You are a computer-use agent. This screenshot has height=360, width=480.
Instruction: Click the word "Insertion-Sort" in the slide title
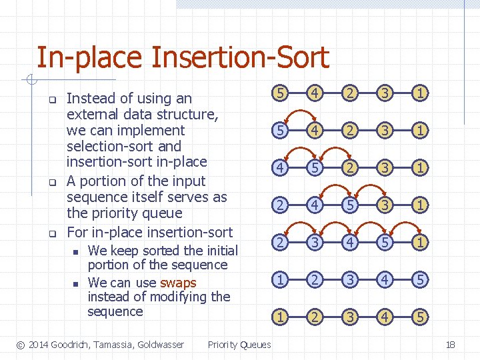click(240, 57)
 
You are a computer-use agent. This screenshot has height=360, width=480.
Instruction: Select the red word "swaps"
click(178, 283)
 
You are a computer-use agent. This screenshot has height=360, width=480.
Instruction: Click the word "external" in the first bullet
click(95, 115)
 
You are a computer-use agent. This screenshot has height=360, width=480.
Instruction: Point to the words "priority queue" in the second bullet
click(137, 213)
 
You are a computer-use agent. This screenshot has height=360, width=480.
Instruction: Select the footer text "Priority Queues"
click(239, 345)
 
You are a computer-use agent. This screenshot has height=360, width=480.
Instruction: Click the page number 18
click(450, 345)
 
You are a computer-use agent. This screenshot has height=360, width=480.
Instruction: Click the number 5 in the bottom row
click(419, 317)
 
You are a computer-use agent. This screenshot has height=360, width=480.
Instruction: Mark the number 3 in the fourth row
click(385, 205)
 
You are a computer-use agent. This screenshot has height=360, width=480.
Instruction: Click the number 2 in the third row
click(350, 168)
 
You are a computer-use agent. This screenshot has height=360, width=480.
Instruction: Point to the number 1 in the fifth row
click(419, 243)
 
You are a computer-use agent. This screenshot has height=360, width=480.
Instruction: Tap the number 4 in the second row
click(316, 131)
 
